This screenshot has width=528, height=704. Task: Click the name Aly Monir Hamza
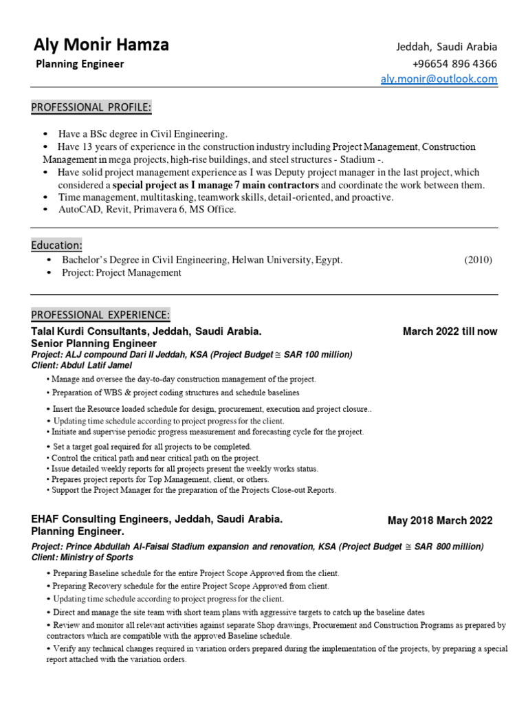coord(101,45)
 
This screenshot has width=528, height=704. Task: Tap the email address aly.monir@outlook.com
coord(439,79)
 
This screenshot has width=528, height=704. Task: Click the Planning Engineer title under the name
coord(80,64)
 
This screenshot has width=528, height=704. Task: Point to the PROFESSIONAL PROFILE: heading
coord(91,107)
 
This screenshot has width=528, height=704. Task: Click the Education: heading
coord(57,245)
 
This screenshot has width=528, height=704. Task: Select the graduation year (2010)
coord(478,260)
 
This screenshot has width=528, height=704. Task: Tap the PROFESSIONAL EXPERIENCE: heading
coord(100,315)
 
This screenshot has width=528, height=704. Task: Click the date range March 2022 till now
coord(450,331)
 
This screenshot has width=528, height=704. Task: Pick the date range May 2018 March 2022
coord(440,520)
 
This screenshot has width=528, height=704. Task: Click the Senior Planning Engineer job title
coord(94,343)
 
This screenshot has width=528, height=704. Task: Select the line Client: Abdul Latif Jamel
coord(82,365)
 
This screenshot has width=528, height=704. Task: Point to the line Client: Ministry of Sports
coord(82,558)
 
